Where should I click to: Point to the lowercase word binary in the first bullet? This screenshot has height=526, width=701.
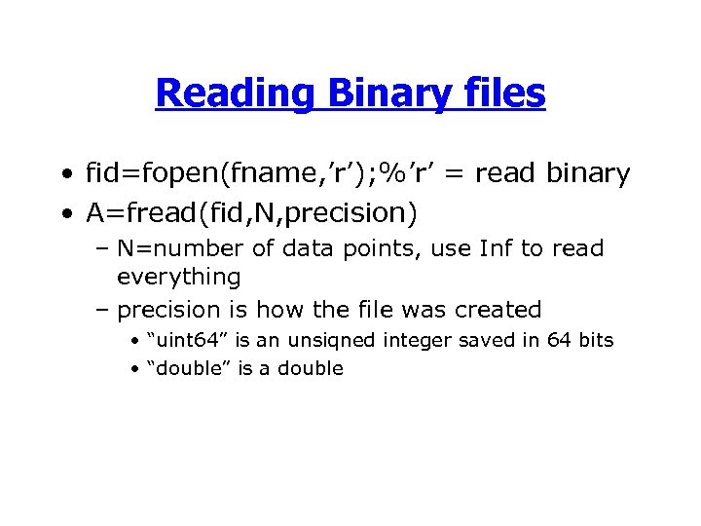click(588, 173)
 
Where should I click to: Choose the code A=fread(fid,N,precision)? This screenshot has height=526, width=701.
click(244, 211)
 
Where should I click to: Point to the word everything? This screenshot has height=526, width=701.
click(178, 278)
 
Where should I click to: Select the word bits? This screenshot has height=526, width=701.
click(595, 340)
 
